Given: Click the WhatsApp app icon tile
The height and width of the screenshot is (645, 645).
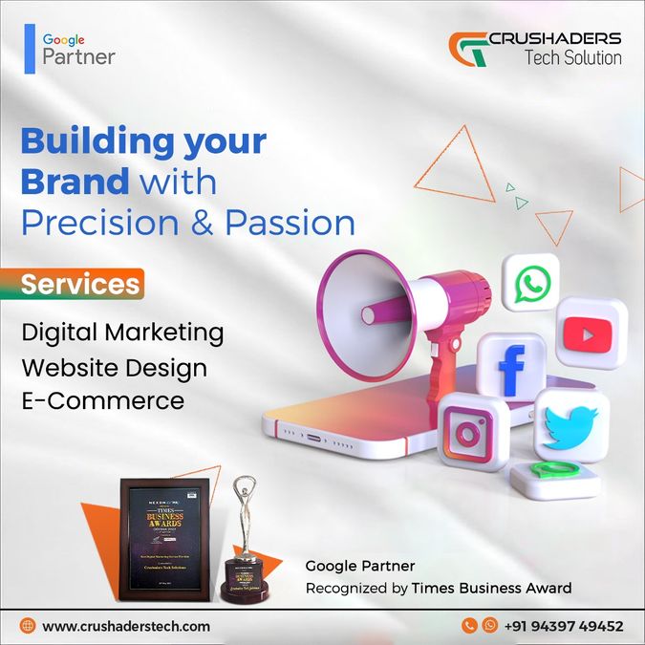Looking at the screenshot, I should (x=530, y=284).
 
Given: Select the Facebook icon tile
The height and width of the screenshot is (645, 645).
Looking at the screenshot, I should (x=510, y=368).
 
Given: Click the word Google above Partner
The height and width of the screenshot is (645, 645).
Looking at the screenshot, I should (x=64, y=39).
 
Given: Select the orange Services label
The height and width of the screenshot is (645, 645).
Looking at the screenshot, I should (x=79, y=284).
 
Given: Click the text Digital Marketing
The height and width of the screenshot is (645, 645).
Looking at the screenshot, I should (x=122, y=333).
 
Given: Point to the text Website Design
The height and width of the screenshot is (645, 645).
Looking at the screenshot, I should (x=114, y=366).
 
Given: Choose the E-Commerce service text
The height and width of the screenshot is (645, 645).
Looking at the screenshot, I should (x=102, y=399).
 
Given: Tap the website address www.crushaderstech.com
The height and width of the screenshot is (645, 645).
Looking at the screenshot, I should (x=126, y=626).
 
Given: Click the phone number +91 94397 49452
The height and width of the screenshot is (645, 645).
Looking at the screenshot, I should (x=564, y=626).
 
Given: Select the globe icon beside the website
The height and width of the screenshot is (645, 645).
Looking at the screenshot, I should (x=28, y=626).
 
